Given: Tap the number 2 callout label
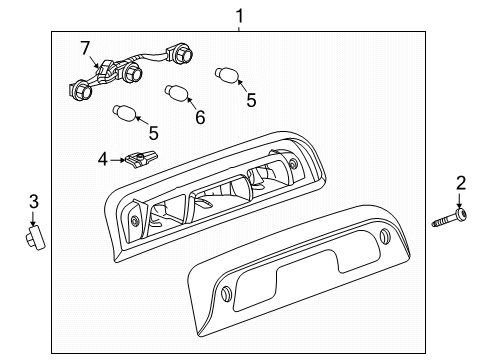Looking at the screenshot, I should tap(461, 183).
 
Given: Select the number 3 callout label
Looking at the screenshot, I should tap(33, 203).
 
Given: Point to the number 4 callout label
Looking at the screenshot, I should tap(102, 157).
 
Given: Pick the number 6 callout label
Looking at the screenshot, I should tap(199, 118).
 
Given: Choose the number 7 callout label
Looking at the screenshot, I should tap(85, 48).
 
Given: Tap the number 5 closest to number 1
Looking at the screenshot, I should tap(252, 99).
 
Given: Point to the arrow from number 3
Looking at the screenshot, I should tap(33, 219).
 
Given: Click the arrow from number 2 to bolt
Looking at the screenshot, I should tap(461, 199).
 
